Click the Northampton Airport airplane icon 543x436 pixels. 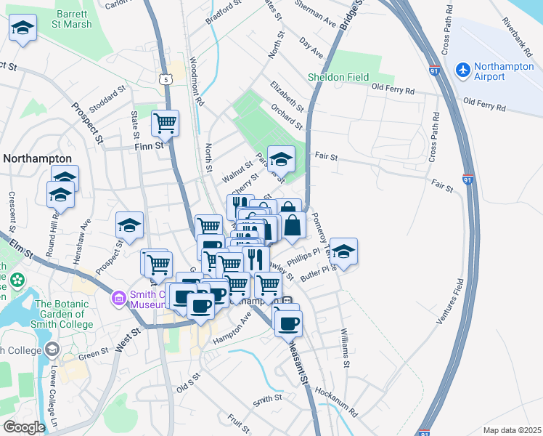coord(462,70)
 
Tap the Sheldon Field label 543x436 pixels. coord(338,78)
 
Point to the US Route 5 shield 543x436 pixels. coord(167,78)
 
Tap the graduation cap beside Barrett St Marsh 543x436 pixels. coord(23,28)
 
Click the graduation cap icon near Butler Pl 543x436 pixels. coord(343,251)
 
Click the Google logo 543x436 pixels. coord(24,427)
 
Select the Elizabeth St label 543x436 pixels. coord(285,95)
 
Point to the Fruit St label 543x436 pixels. coord(238,420)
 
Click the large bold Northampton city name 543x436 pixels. coord(37,158)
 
